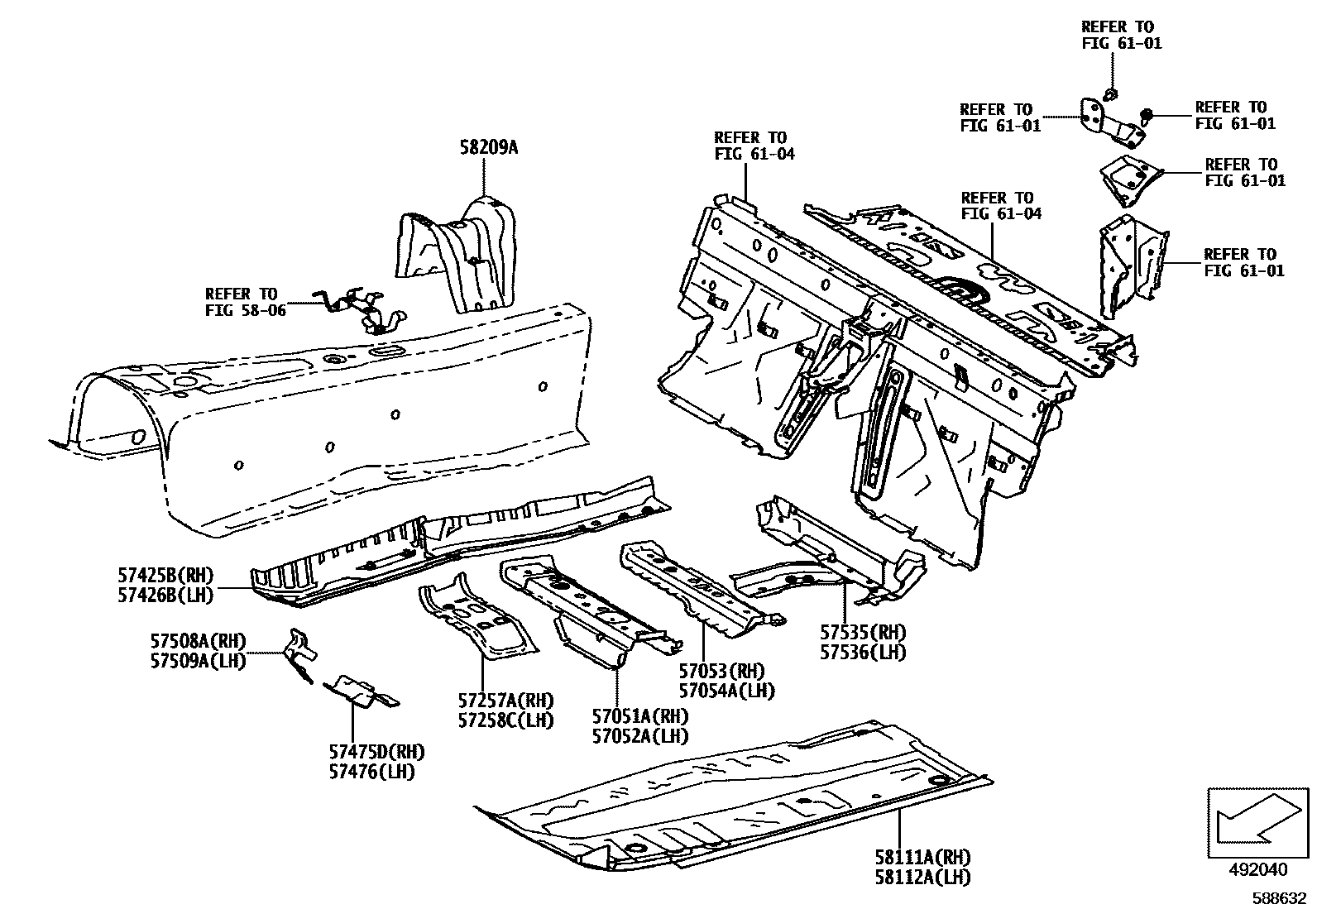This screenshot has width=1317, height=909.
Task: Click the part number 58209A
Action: pos(488,148)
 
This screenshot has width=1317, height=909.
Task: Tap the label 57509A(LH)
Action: pos(198,661)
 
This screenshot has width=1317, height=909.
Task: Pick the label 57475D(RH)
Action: pos(376,753)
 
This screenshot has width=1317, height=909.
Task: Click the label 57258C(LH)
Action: pos(506,720)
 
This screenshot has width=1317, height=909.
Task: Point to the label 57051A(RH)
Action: pos(640,716)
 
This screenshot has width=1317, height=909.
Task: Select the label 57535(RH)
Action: pos(863,632)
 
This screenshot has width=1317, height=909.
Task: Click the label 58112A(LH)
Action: pos(923,878)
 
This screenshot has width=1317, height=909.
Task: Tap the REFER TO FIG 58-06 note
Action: pos(242,302)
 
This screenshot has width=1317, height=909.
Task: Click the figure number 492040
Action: pos(1258,869)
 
